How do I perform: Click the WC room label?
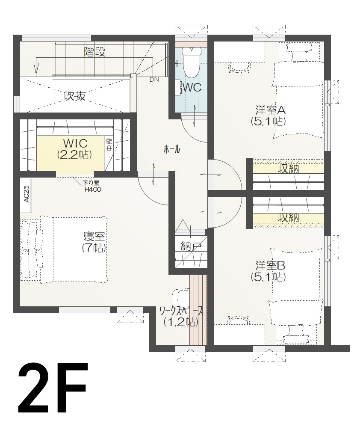tap(192, 88)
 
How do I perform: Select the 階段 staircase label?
tap(95, 53)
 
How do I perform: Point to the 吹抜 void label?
tap(75, 96)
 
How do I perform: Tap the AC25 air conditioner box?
tap(26, 193)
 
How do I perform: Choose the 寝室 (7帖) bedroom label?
tap(94, 242)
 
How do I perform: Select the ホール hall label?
tap(172, 149)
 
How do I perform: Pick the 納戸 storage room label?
tap(191, 246)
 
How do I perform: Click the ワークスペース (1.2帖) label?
tap(180, 316)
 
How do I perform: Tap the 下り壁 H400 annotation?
tap(92, 187)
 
